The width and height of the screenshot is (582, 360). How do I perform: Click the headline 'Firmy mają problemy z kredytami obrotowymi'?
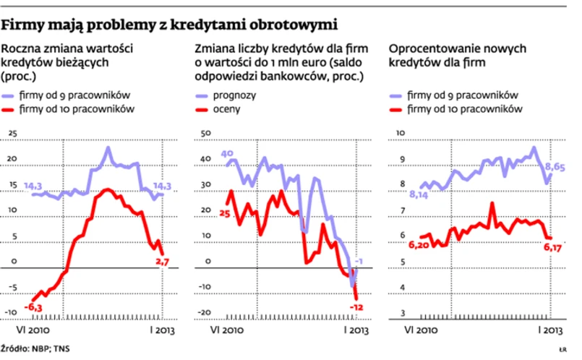coord(170,25)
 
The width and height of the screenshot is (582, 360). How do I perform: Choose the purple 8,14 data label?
coord(420,194)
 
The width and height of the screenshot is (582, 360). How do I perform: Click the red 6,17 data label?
coord(554,248)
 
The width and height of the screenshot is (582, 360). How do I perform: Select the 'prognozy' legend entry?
coord(226,95)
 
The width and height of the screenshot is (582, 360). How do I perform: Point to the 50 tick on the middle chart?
coord(203,134)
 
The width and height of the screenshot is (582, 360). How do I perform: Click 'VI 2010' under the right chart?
coord(420,330)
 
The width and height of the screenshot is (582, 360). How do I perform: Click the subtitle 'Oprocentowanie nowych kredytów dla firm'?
coord(457,56)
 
